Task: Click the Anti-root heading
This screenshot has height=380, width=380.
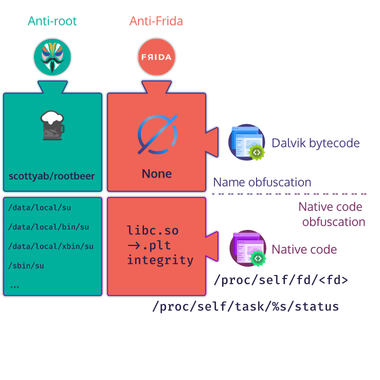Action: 52,21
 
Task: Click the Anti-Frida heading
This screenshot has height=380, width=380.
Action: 156,21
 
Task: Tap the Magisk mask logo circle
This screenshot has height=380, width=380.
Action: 52,57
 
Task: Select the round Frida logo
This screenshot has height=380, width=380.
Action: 156,57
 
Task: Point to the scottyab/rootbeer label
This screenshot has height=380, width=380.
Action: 52,176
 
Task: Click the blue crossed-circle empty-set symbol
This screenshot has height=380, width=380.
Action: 156,134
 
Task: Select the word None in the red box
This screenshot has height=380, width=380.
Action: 156,174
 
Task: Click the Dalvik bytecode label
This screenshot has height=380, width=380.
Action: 315,143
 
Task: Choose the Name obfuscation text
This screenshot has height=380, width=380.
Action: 262,182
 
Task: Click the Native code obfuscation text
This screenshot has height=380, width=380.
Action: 331,214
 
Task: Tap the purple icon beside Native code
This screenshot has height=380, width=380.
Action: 247,248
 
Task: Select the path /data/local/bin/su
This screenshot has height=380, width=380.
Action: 48,226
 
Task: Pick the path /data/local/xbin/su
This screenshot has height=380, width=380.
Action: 51,246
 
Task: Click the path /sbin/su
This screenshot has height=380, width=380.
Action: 26,265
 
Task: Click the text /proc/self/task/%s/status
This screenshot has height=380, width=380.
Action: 245,306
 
